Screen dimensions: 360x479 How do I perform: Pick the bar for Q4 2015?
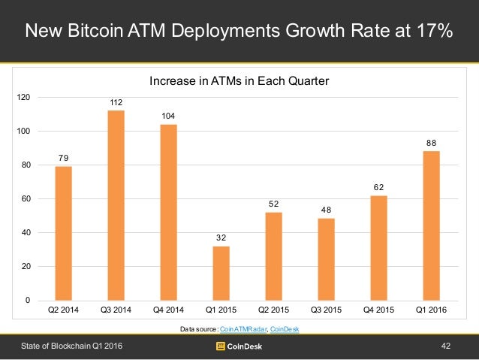pos(378,247)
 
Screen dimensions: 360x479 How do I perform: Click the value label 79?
pos(63,157)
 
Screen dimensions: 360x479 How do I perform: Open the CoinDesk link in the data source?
pos(284,329)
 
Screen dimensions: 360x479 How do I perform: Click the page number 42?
pos(446,346)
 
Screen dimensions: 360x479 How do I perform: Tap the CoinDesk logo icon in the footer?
pos(221,346)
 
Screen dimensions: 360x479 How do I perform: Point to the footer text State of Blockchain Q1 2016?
pos(70,346)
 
